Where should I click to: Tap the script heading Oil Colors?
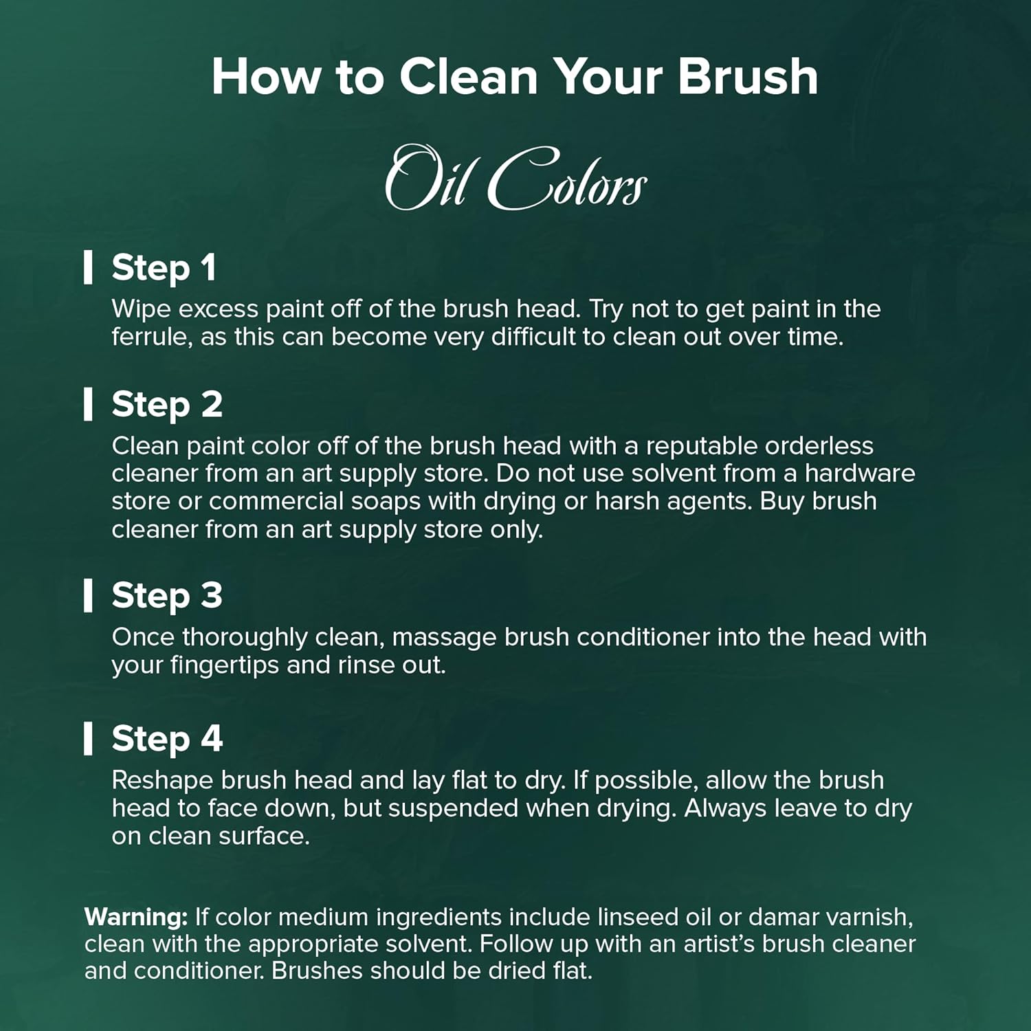coord(515,178)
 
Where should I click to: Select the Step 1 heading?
coord(164,267)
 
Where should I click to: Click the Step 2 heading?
coord(167,404)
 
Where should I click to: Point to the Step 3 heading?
coord(167,595)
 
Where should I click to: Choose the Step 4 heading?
coord(167,739)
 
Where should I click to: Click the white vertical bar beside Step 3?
coord(88,595)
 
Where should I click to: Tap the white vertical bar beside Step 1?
coord(88,267)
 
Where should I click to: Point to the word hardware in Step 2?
coord(860,474)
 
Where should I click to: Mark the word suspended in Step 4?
coord(454,808)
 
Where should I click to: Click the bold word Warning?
coord(136,917)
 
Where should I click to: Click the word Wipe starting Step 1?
coord(141,309)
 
